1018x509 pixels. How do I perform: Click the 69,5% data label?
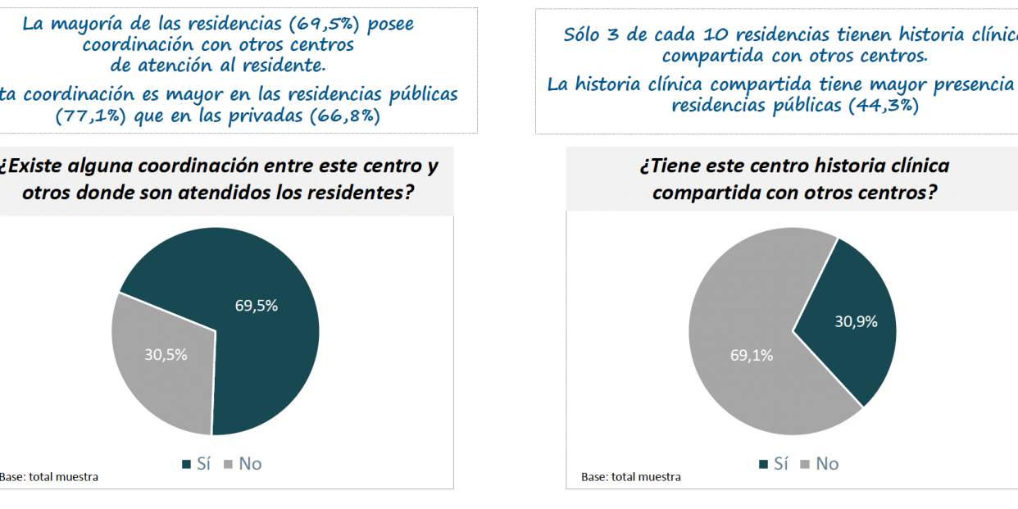click(257, 306)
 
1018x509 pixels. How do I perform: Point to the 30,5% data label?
click(166, 355)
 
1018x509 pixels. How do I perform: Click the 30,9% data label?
click(856, 322)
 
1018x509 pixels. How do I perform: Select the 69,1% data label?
click(752, 356)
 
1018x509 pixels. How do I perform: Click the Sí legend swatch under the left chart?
click(187, 465)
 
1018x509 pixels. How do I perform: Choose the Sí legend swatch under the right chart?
click(764, 465)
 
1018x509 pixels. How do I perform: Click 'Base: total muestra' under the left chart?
click(49, 477)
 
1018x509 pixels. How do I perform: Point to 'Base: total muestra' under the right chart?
click(631, 477)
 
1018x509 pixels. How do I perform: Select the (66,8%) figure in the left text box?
click(343, 116)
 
